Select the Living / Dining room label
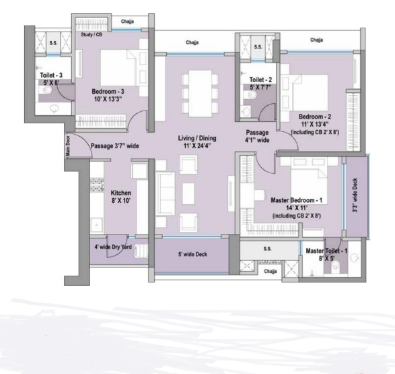pos(195,141)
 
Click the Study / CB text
pos(90,34)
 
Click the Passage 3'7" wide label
pos(115,144)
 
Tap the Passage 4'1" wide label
pos(257,136)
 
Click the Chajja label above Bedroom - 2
pos(317,40)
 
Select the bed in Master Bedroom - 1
pos(306,181)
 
